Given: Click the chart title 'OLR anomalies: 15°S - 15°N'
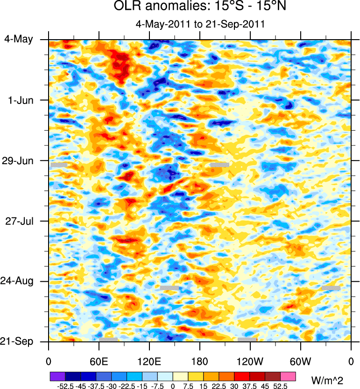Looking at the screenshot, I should tap(199, 7).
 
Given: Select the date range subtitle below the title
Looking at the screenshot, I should tap(199, 25).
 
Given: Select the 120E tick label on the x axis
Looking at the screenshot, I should tap(149, 361).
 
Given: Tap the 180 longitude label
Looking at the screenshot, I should tap(199, 361).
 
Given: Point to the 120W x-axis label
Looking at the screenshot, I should tap(250, 361).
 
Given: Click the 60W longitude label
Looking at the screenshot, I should tap(300, 361).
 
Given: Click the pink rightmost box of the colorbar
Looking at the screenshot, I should tap(288, 376).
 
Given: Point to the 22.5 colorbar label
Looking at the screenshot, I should tap(219, 386).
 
